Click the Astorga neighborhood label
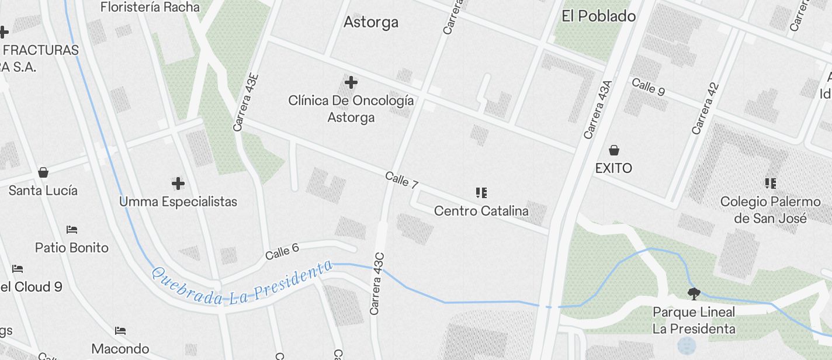(x=371, y=22)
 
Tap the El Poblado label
(x=598, y=16)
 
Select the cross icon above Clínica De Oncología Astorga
(x=351, y=82)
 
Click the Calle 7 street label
(x=401, y=180)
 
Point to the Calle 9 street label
(x=648, y=86)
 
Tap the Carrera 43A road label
(x=597, y=110)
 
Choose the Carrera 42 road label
(x=705, y=109)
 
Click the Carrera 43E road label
(x=245, y=102)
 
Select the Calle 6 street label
(x=282, y=251)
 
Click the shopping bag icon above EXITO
(x=613, y=151)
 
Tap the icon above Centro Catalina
(x=481, y=193)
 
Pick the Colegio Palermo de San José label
(x=770, y=210)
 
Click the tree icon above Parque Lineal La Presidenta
(x=694, y=293)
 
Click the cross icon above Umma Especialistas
(x=178, y=184)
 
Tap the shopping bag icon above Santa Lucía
(x=43, y=172)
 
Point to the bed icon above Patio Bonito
(x=72, y=230)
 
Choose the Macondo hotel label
(x=120, y=349)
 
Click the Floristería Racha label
(x=150, y=8)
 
